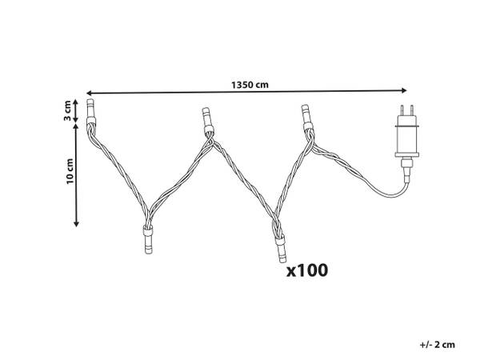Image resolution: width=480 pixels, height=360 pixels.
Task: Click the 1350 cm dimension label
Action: [x=250, y=85]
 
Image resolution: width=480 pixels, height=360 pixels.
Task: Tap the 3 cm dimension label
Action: [x=67, y=110]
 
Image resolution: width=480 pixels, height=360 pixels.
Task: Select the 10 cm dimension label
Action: [x=70, y=171]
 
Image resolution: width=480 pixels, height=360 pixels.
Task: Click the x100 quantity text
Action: [x=307, y=270]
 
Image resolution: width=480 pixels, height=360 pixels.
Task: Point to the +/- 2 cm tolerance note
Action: [x=437, y=344]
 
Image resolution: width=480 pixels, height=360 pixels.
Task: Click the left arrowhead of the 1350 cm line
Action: [x=89, y=93]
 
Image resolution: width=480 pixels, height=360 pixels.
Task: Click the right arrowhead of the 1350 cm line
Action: [x=404, y=90]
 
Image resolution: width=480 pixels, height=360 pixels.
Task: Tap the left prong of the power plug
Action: [x=402, y=110]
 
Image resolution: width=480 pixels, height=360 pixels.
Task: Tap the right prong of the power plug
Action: [x=412, y=110]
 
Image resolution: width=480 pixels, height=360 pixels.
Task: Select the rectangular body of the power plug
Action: [x=407, y=136]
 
